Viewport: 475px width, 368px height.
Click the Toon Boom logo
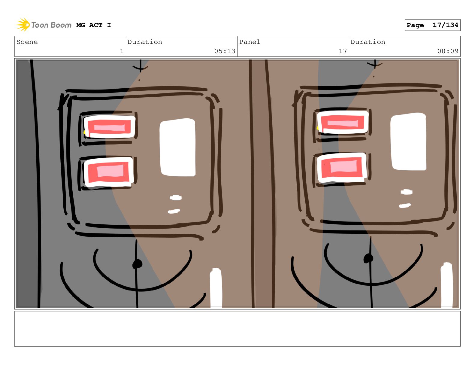(44, 25)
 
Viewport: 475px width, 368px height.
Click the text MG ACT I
(94, 25)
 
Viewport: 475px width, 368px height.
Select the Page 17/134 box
(432, 25)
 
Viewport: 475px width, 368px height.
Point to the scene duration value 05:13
(225, 51)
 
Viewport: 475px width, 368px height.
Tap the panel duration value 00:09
(448, 51)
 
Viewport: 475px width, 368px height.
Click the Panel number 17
(343, 51)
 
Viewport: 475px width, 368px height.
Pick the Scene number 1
(122, 51)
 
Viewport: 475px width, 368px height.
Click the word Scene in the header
(27, 42)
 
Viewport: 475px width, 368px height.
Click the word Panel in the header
(250, 42)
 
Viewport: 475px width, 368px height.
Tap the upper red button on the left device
(109, 127)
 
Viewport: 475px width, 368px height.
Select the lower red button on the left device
(109, 172)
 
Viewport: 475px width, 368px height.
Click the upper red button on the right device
(343, 122)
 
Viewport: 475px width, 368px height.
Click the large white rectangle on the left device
(177, 148)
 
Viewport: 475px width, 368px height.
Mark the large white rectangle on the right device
(408, 142)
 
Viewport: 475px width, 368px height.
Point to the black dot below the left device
(137, 264)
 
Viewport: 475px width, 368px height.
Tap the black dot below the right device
(368, 258)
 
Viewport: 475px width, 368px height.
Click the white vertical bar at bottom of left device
(216, 288)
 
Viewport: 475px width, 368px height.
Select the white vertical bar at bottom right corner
(446, 285)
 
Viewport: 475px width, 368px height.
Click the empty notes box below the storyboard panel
(237, 329)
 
